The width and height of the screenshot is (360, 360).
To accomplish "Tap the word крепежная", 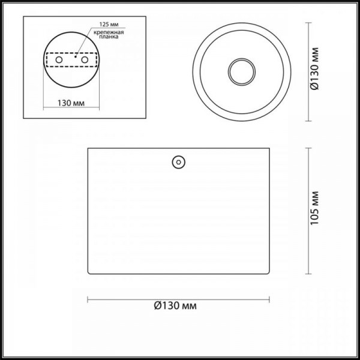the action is pyautogui.click(x=109, y=32).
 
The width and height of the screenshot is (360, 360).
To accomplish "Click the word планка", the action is pyautogui.click(x=109, y=37).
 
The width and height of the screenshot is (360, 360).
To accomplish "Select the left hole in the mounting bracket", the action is pyautogui.click(x=59, y=60).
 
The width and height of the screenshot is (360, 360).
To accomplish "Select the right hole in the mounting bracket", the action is pyautogui.click(x=85, y=59).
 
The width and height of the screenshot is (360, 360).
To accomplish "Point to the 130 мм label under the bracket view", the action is pyautogui.click(x=71, y=103).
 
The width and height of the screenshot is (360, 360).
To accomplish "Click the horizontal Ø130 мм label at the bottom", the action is pyautogui.click(x=175, y=306).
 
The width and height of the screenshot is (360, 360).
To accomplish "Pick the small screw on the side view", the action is pyautogui.click(x=179, y=162).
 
